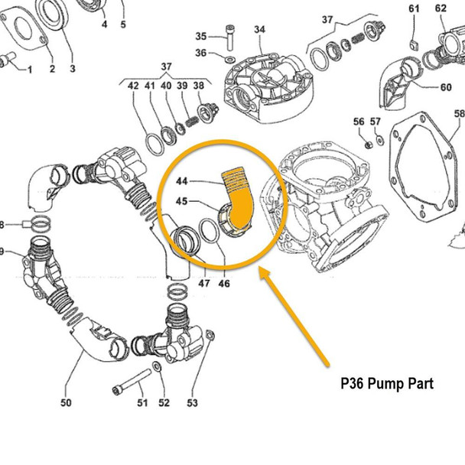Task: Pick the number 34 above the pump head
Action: point(259,30)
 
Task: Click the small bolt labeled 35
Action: point(230,35)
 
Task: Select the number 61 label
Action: point(414,8)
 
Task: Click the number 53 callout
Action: point(192,402)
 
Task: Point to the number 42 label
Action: point(133,86)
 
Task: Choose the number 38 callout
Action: point(198,86)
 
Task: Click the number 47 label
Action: point(203,283)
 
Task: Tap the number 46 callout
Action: point(224,283)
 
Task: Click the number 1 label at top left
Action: point(30,70)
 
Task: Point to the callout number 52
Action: point(164,402)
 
